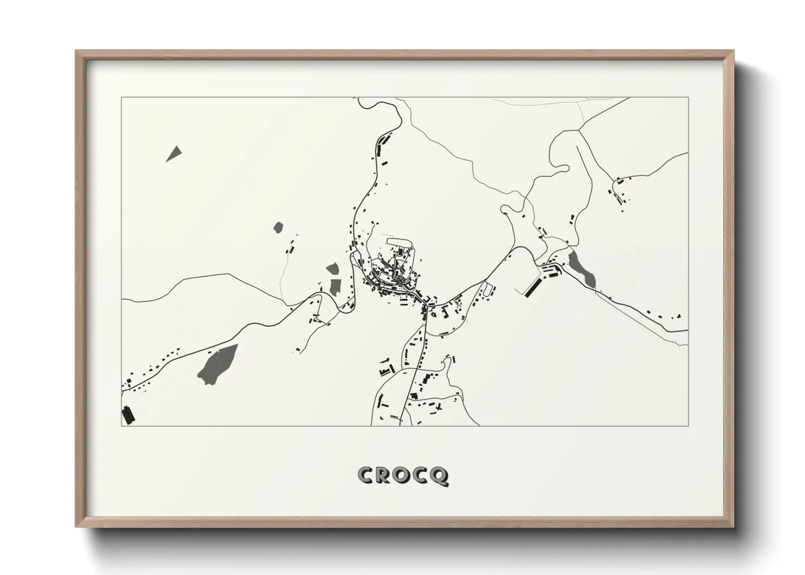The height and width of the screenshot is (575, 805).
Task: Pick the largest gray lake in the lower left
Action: [x=217, y=364]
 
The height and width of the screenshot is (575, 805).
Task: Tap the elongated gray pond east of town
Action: [x=583, y=268]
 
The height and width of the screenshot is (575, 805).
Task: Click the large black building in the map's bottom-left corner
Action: [x=128, y=415]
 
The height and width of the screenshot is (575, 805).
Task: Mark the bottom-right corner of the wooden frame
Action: [x=733, y=526]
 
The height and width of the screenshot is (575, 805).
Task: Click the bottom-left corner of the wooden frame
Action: [x=77, y=526]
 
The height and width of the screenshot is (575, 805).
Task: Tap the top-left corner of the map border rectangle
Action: [x=121, y=98]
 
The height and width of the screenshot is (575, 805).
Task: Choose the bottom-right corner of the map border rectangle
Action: [x=689, y=426]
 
